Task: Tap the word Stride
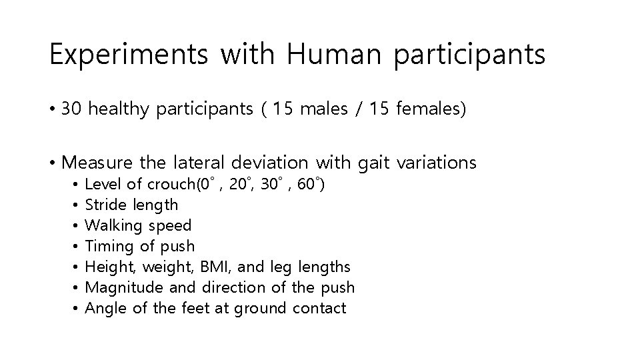(107, 205)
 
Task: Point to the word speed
(172, 225)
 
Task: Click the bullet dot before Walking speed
(77, 226)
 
